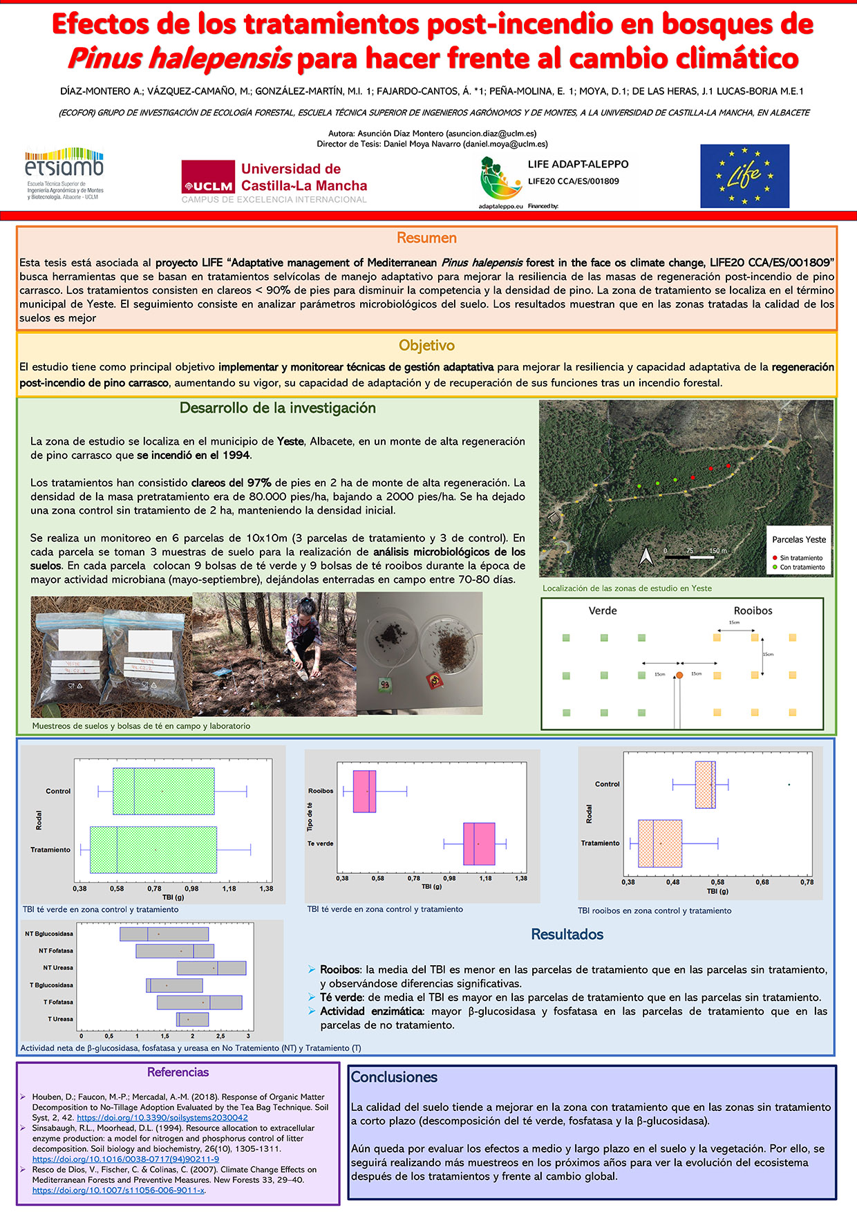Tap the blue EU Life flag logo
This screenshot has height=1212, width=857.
click(x=744, y=176)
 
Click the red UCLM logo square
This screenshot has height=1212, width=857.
click(x=208, y=178)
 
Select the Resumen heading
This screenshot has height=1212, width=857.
click(x=426, y=238)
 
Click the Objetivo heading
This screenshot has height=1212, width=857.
click(x=426, y=345)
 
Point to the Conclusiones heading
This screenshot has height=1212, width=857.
click(x=394, y=1076)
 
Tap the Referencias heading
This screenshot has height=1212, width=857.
click(x=178, y=1072)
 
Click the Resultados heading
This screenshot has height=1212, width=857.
click(x=567, y=934)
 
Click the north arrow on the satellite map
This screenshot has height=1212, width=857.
click(x=646, y=555)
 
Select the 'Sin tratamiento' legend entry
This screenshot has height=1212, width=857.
click(x=801, y=558)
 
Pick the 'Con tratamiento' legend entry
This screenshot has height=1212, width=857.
click(x=802, y=568)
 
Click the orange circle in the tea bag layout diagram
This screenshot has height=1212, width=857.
click(x=679, y=675)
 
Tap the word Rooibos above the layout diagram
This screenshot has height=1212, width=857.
click(x=753, y=610)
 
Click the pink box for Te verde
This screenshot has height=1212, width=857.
click(x=479, y=843)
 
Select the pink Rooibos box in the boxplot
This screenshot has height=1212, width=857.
click(x=364, y=791)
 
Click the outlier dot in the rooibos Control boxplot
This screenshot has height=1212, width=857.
click(x=789, y=784)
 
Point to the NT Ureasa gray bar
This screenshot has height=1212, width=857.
click(x=211, y=968)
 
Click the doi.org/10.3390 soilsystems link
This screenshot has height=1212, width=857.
click(x=162, y=1117)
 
